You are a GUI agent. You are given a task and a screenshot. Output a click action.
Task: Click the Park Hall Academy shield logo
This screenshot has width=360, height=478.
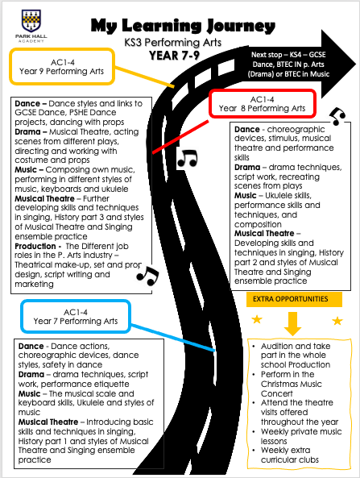pos(31,20)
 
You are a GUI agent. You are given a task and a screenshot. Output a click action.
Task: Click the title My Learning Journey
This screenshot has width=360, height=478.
pos(183,26)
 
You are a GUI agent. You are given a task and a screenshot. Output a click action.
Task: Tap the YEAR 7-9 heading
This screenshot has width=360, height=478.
pos(174,56)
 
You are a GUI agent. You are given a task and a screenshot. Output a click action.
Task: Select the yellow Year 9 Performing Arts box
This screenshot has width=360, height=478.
pos(62,66)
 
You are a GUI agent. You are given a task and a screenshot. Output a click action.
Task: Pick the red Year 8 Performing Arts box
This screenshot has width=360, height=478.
pos(263,104)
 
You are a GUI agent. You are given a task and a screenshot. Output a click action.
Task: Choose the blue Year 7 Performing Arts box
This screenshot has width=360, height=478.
pos(76,317)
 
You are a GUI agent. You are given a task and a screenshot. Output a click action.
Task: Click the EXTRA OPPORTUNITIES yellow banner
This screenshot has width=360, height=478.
pos(294,299)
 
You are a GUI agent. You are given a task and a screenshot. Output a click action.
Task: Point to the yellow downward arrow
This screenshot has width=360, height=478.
pos(292,323)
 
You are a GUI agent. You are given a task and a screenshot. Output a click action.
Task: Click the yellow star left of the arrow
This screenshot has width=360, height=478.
pos(257,319)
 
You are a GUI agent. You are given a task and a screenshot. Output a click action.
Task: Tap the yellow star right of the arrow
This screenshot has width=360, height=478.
pos(337,320)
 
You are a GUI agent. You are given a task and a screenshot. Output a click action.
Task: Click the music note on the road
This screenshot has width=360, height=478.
pos(188,159)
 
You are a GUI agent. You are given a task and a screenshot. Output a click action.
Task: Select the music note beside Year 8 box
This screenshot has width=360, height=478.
pos(337,116)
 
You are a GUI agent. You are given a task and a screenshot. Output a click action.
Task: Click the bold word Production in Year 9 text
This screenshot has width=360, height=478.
pos(35,246)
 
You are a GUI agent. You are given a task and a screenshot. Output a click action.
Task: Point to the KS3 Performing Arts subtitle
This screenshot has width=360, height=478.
pos(172,43)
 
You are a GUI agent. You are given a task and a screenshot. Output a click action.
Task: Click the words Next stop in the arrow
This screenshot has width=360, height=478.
pos(267,55)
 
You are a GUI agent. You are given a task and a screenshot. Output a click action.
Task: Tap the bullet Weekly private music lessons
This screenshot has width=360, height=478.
pos(297,436)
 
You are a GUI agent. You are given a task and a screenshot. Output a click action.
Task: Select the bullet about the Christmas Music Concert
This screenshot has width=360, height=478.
pos(288,384)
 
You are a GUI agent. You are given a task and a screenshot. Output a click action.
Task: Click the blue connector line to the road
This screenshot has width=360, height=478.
pos(173,338)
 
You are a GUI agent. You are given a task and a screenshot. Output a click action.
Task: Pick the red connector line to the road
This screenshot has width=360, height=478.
pos(180,137)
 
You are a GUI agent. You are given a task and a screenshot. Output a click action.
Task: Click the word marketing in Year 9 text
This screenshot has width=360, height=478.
pos(34,284)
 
